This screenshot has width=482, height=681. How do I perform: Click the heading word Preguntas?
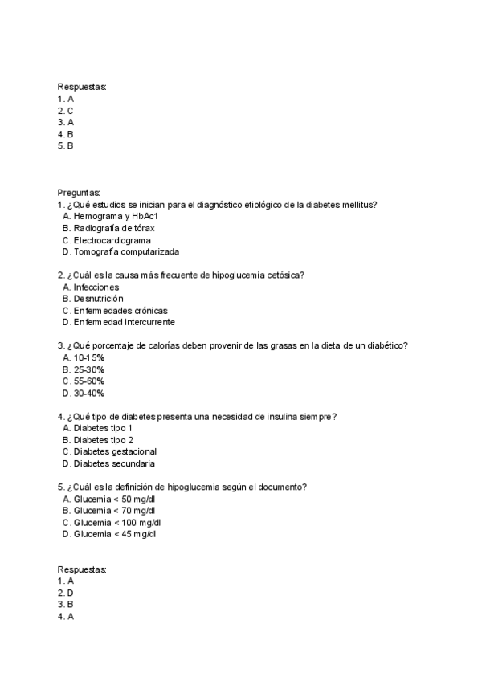point(79,193)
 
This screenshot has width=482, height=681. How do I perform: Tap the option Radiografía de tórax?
point(113,229)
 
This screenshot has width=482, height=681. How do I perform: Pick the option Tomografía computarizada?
point(120,252)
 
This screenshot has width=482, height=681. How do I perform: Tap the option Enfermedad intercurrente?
point(124,322)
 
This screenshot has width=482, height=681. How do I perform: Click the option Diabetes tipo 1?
point(103,428)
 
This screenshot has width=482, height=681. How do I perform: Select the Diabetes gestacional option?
point(115,451)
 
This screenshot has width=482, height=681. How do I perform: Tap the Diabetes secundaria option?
point(114,463)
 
